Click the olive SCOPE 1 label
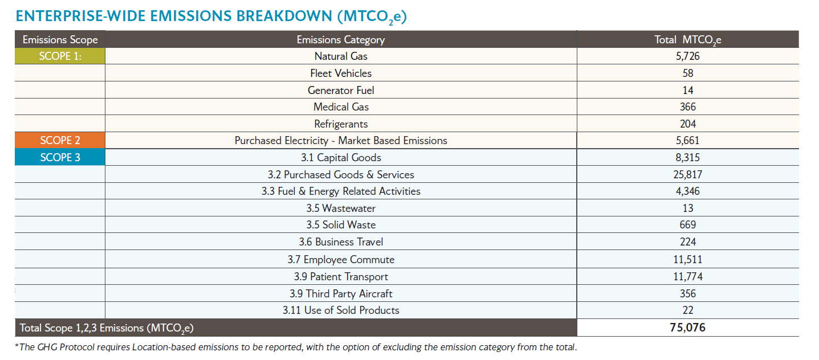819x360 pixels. (60, 56)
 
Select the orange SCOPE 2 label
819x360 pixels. (60, 141)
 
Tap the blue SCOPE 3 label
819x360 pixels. (60, 158)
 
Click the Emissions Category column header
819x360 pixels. (340, 39)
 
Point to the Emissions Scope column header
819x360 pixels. (60, 39)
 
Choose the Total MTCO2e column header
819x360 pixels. (687, 40)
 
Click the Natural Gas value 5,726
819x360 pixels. (687, 56)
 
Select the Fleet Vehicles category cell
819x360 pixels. (340, 73)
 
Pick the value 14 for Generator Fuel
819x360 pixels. (687, 90)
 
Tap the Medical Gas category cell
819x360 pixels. (340, 107)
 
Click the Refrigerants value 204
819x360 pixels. (687, 124)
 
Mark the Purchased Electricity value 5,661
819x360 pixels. (687, 141)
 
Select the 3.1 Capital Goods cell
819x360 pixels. (340, 158)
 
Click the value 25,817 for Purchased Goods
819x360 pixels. (687, 174)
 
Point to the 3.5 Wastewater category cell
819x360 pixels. (340, 208)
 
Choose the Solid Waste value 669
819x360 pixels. (687, 225)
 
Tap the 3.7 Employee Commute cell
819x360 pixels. (340, 260)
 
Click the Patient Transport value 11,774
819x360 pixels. (687, 277)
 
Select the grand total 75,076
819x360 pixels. (687, 328)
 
